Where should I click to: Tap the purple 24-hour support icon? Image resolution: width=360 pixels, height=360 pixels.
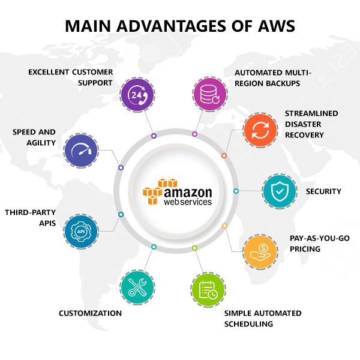[138, 94]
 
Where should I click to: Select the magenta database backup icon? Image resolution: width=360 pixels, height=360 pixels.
[211, 94]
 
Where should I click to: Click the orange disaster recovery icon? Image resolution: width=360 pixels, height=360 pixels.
[261, 130]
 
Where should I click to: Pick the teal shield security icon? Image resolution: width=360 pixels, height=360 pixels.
[280, 191]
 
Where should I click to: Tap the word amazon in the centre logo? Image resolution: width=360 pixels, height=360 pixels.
[188, 193]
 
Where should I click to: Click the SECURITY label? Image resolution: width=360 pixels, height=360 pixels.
[323, 191]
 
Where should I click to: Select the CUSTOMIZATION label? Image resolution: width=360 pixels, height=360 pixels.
[90, 313]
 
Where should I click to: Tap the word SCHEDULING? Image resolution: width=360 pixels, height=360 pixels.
[248, 324]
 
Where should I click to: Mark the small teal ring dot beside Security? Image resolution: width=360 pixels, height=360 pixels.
[236, 191]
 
